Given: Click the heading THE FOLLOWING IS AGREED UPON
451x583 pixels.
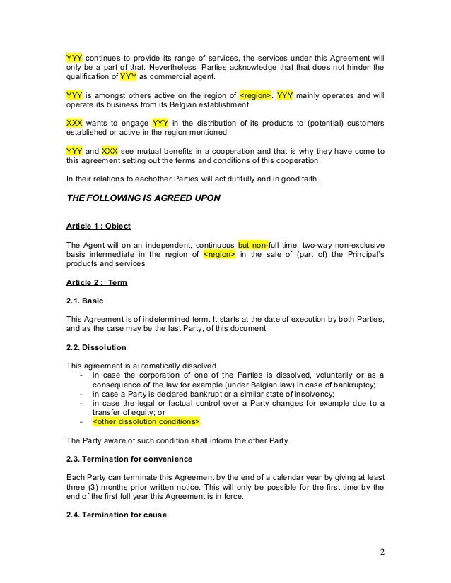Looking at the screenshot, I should point(143,198).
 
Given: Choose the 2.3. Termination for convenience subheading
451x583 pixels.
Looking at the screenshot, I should point(127,459).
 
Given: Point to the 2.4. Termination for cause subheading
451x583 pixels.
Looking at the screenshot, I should point(115,515).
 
